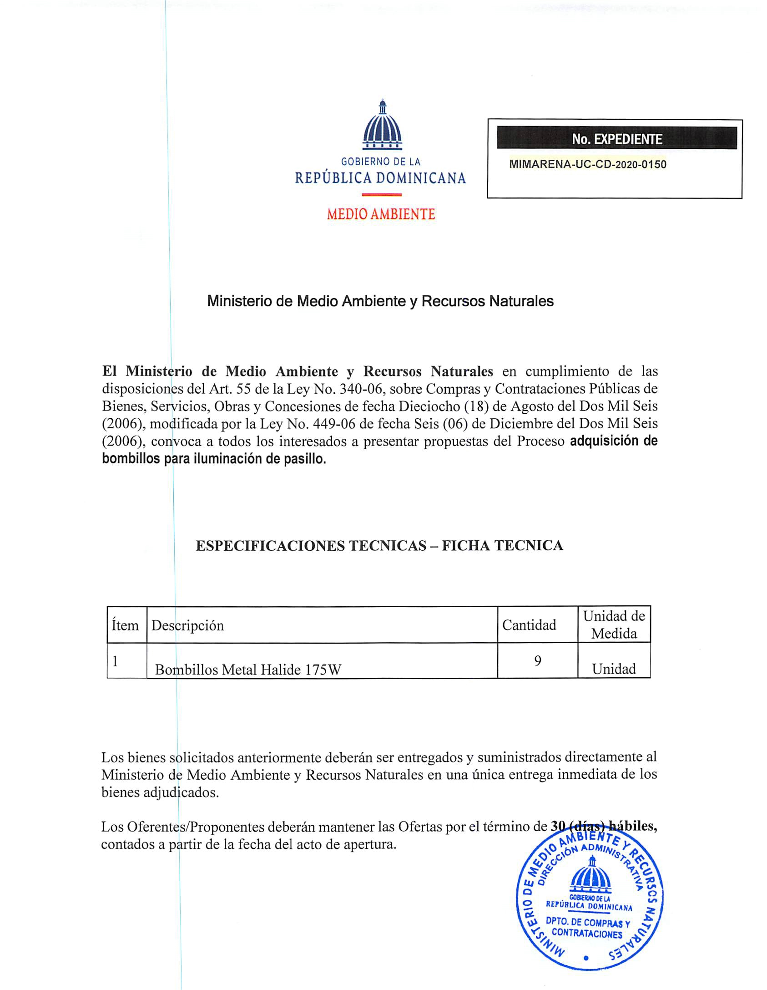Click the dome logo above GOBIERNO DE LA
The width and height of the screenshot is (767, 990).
382,126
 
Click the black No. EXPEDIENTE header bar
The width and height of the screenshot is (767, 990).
616,138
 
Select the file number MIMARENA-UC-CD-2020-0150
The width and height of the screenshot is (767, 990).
587,164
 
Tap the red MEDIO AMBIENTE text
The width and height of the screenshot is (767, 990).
381,214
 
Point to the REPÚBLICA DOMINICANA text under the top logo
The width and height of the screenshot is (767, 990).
380,178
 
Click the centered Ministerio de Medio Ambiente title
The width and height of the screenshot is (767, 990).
380,301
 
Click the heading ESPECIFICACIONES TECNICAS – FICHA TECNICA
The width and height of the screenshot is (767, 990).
379,545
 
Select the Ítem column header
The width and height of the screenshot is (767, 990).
125,625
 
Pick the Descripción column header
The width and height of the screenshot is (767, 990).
187,625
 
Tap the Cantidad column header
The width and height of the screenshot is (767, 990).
529,625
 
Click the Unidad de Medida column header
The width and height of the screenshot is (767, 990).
614,624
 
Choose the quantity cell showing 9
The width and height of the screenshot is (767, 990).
537,660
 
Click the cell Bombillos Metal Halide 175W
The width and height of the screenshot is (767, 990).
248,669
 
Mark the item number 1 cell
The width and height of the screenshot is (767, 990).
116,661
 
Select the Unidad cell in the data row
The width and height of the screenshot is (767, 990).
614,669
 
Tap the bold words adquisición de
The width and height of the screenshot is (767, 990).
613,441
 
